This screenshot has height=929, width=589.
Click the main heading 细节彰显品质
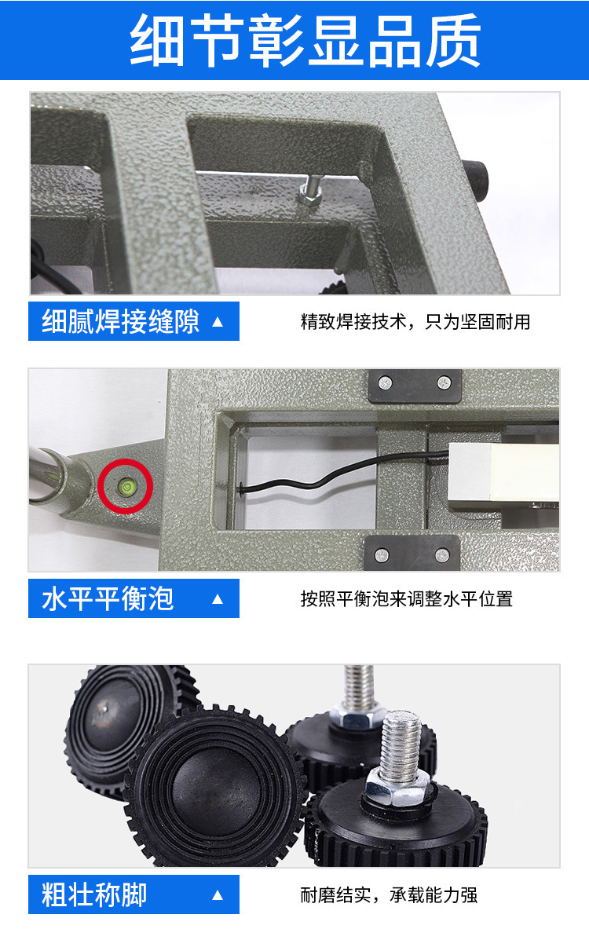click(305, 40)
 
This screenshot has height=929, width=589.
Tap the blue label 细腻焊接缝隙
click(134, 321)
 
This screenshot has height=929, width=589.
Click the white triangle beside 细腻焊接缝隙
click(218, 322)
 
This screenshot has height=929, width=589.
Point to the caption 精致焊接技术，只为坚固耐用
click(415, 322)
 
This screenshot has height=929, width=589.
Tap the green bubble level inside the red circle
click(126, 486)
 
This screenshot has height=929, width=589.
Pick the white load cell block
click(503, 474)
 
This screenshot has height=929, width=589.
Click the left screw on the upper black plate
click(385, 382)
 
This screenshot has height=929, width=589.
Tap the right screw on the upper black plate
click(444, 382)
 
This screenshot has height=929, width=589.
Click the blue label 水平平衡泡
click(134, 598)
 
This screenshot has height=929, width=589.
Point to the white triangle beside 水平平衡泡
click(218, 599)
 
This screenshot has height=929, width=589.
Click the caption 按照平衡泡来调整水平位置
click(407, 599)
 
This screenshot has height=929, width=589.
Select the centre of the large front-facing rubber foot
click(216, 786)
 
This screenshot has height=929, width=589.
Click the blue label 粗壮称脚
click(134, 894)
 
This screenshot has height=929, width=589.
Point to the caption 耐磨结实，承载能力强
click(389, 894)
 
